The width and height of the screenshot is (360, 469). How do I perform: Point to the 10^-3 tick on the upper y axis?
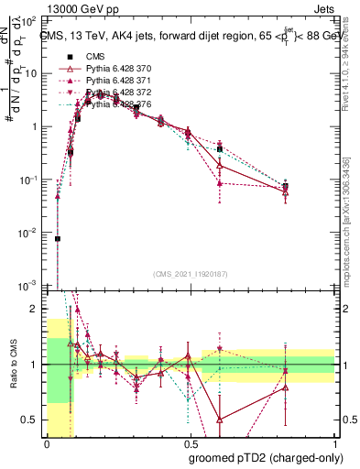[x=30, y=287]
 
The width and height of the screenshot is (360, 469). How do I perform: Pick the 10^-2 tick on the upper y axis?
[x=30, y=234]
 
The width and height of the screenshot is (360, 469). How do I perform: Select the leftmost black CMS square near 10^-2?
[x=58, y=239]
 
